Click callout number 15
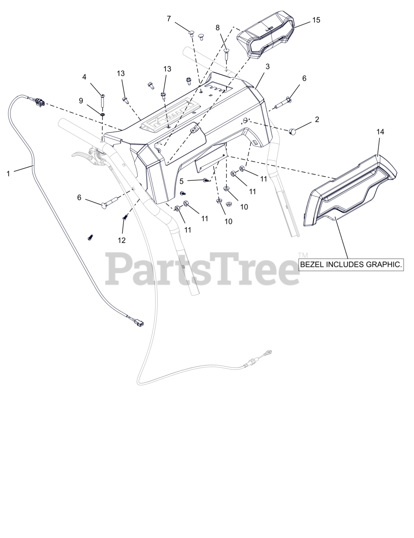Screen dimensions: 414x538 tap(316, 20)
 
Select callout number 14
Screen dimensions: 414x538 tap(380, 132)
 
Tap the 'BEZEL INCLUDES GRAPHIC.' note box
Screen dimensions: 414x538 tap(351, 264)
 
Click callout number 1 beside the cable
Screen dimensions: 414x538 tap(8, 173)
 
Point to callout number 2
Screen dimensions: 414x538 tap(317, 119)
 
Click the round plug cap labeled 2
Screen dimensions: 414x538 tap(292, 132)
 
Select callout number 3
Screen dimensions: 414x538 tap(267, 66)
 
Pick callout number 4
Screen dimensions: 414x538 tap(84, 77)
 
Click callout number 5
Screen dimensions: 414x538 tap(182, 182)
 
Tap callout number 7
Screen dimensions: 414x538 tap(169, 18)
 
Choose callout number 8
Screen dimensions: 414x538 tap(217, 28)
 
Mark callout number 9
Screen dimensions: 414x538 tap(81, 100)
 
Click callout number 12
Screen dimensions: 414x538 tap(121, 240)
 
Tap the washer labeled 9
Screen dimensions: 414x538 tap(103, 113)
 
